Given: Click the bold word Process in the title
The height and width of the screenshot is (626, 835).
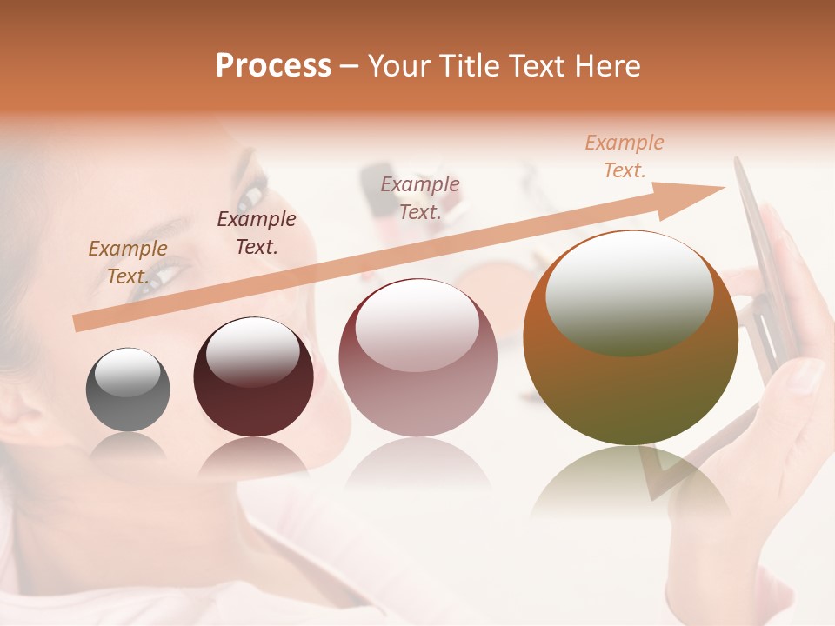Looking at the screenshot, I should (x=273, y=66).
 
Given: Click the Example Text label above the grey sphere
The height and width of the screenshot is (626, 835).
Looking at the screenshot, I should (x=127, y=262).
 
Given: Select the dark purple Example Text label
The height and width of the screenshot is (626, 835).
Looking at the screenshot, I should (x=256, y=232).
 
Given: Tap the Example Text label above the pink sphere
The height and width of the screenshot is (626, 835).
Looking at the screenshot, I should (x=420, y=197).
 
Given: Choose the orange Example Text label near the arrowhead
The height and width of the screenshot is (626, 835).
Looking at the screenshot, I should (x=624, y=156).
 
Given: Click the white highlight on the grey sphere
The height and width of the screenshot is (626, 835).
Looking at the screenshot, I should (x=127, y=372).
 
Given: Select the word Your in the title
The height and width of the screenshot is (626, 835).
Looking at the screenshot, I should (x=400, y=66).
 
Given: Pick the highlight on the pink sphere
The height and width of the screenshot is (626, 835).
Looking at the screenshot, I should (x=417, y=326).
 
